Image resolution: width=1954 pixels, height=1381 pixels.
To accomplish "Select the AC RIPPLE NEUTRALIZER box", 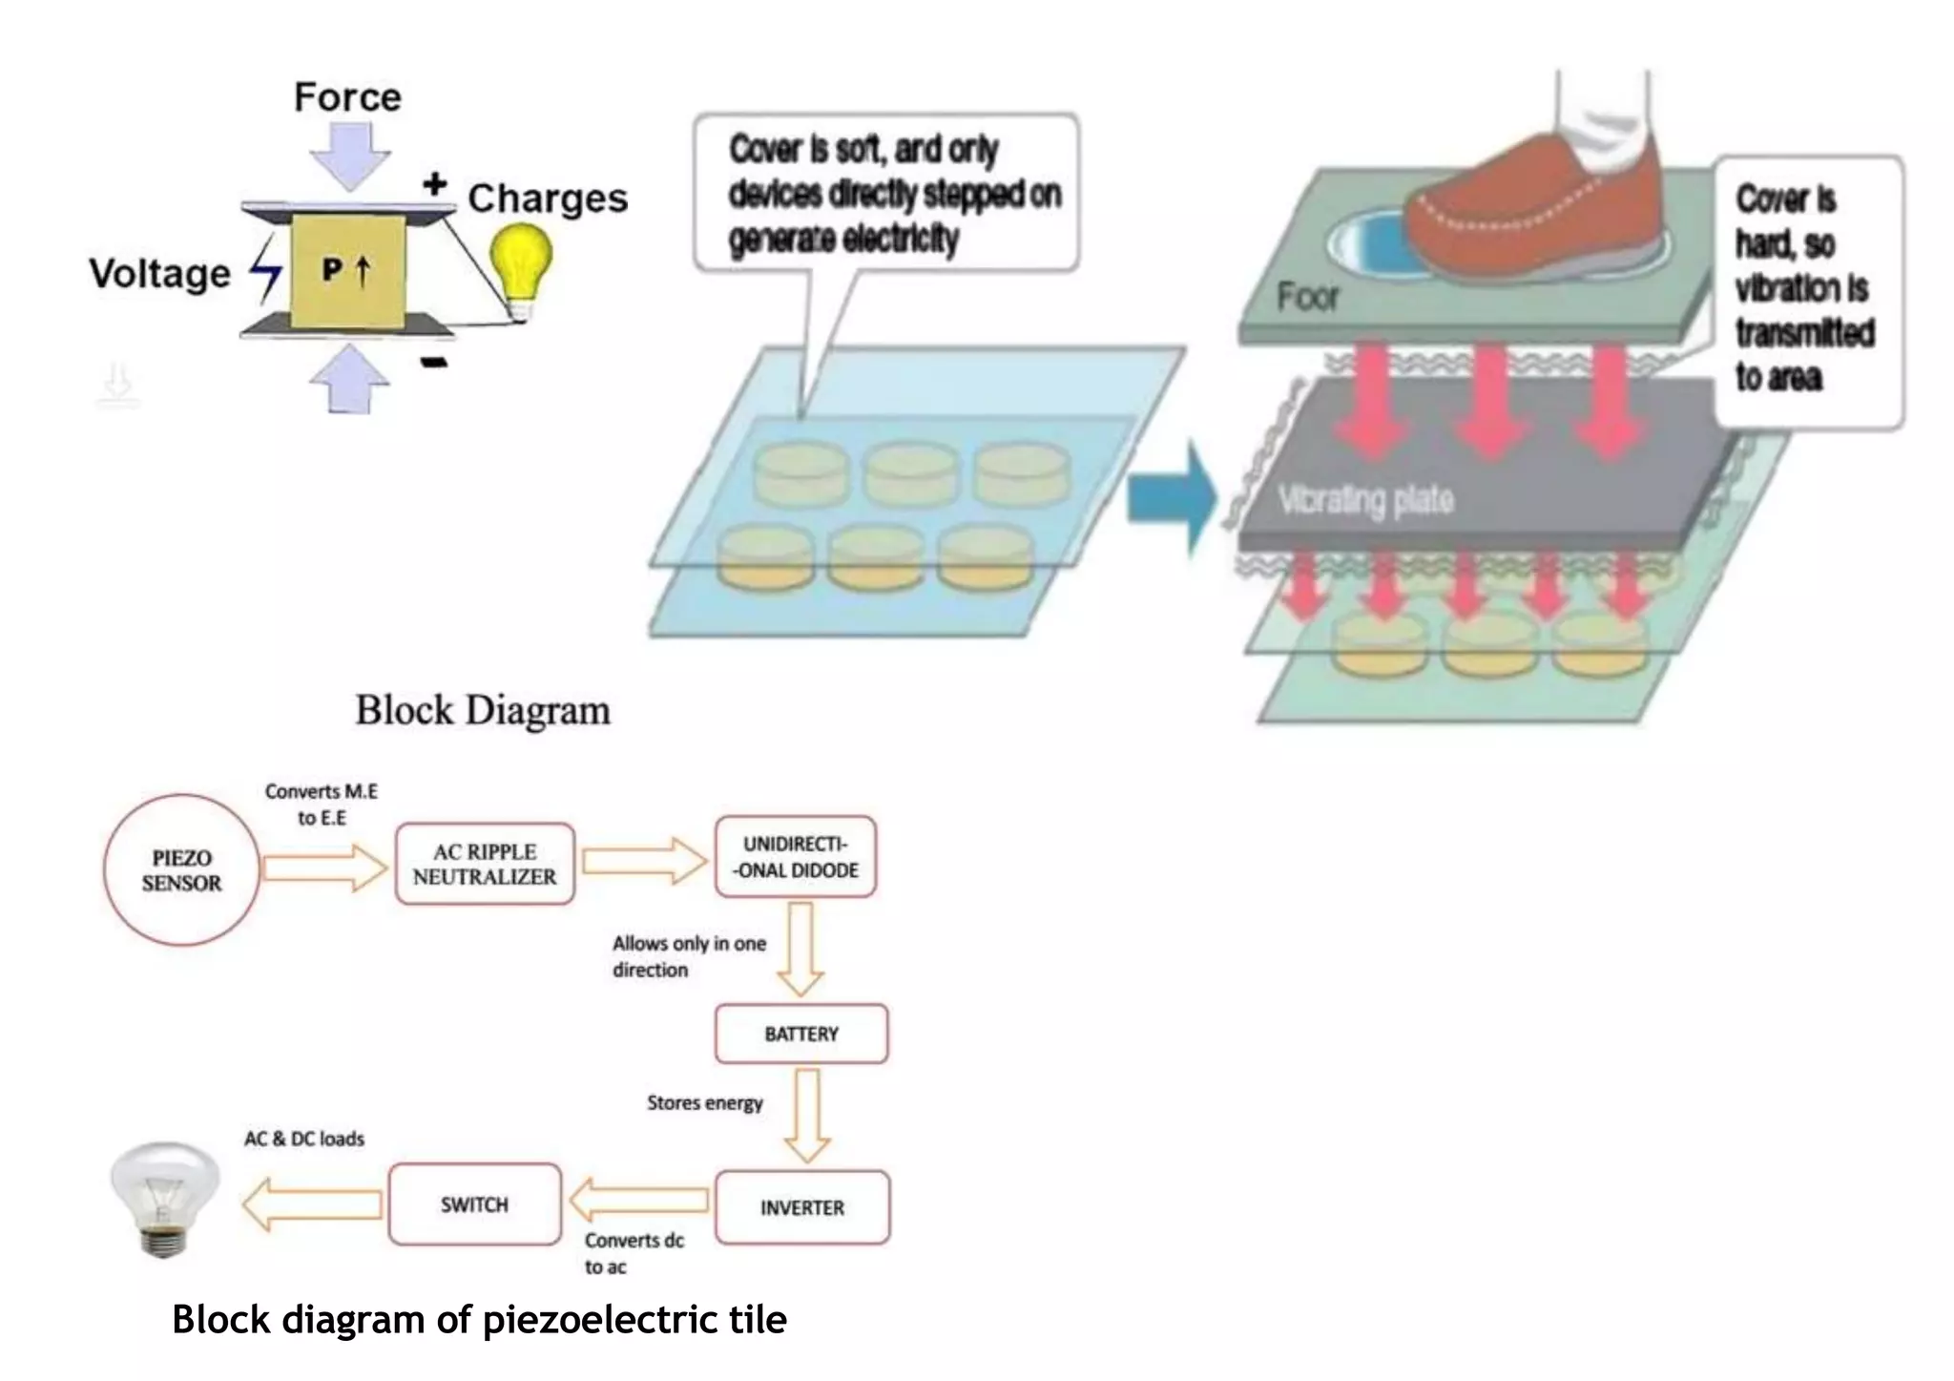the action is (485, 864).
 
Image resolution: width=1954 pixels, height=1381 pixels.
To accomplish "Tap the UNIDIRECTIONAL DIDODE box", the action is (796, 857).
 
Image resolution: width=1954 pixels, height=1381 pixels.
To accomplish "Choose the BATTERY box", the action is (801, 1034).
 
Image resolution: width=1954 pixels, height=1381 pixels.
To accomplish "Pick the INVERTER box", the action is (802, 1207).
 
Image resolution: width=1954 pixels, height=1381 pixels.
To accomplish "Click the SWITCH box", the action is (474, 1204).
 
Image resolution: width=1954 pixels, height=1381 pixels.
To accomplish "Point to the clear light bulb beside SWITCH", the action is (164, 1200).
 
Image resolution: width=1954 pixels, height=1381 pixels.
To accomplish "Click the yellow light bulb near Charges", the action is (521, 271).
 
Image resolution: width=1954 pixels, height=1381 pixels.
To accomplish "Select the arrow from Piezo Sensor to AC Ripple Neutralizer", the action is (325, 867).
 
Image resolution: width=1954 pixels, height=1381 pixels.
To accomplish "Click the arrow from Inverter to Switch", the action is (639, 1201).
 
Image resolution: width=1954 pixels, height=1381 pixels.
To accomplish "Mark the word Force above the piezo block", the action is (347, 97).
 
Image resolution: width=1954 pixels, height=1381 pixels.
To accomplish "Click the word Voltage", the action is (160, 274).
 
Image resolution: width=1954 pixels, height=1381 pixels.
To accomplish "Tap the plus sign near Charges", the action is (435, 183).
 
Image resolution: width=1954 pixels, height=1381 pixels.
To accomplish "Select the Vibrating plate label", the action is (1366, 500).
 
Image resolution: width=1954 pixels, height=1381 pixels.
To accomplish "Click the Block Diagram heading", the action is (483, 711).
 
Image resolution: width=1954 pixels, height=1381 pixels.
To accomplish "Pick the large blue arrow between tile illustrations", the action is (1172, 498).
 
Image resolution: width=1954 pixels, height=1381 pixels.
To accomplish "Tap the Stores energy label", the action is (705, 1103).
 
